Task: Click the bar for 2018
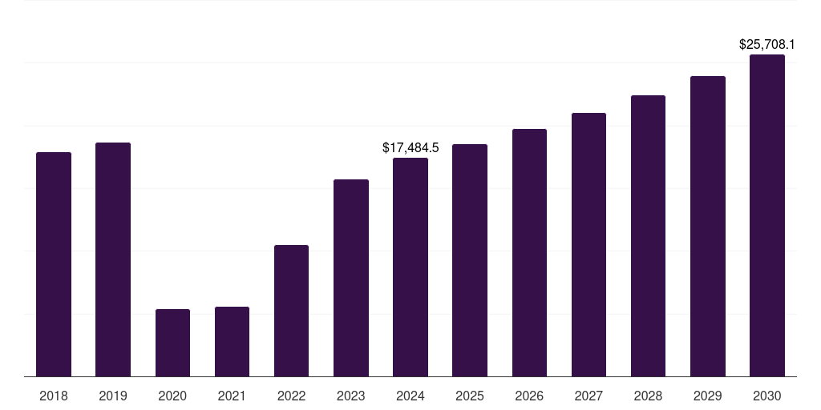[54, 264]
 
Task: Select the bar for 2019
[113, 259]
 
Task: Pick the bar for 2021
[232, 342]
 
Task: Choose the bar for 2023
[351, 278]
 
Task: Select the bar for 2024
[410, 267]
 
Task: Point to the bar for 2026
[529, 252]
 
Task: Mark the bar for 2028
[648, 235]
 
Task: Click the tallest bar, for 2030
[767, 215]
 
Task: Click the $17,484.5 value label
[410, 148]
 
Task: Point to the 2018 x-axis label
[54, 396]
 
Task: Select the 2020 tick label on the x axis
[172, 396]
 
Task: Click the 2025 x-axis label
[470, 396]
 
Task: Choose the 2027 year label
[588, 396]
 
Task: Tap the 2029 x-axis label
[708, 396]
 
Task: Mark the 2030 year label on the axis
[767, 396]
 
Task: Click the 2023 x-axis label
[351, 396]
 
